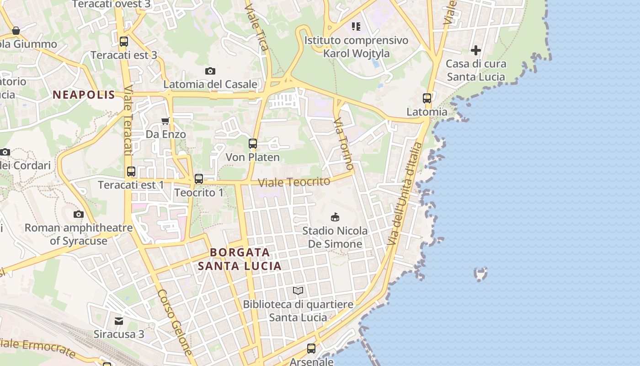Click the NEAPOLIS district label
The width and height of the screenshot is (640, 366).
(x=84, y=95)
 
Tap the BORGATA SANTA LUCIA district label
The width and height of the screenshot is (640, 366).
(x=240, y=259)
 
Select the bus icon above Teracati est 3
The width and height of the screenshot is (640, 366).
(x=123, y=42)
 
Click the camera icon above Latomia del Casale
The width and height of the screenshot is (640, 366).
(x=210, y=71)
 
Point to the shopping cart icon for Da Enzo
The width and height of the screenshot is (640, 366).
(x=165, y=121)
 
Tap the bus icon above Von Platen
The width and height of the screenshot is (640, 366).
(x=253, y=144)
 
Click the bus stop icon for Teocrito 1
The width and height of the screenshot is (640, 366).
(x=199, y=179)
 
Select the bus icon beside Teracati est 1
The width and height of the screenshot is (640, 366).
(x=131, y=172)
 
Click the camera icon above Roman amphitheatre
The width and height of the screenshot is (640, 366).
(x=79, y=214)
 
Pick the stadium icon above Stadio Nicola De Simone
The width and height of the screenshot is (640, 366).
(x=335, y=217)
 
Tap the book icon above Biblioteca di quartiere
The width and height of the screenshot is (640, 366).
(x=298, y=291)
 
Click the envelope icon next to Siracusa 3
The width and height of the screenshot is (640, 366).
(x=119, y=321)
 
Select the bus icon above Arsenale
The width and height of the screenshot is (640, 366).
(x=311, y=349)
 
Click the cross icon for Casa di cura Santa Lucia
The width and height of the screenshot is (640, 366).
(x=476, y=50)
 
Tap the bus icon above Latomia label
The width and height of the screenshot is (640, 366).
(x=427, y=98)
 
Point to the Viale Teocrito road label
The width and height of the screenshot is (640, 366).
(x=294, y=182)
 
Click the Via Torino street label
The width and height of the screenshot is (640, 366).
(x=343, y=144)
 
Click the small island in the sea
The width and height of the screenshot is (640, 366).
(x=480, y=274)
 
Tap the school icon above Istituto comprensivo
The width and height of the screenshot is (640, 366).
(x=356, y=27)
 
